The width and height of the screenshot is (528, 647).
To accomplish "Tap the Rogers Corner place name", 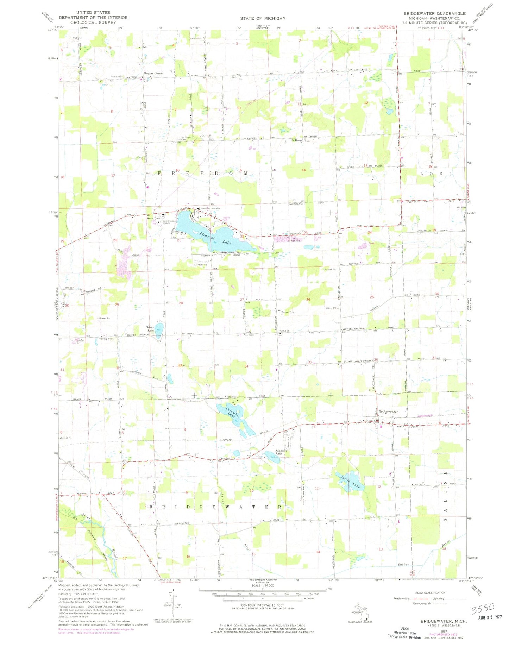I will coord(153,73).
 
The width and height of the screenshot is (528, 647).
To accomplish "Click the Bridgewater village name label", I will coord(388,412).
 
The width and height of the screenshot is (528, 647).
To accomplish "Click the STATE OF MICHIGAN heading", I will coord(263,18).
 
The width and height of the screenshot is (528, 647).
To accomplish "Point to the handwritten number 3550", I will coord(483,608).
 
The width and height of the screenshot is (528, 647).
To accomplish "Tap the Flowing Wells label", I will coord(106,339).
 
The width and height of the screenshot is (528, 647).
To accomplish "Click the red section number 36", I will coord(376,359).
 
